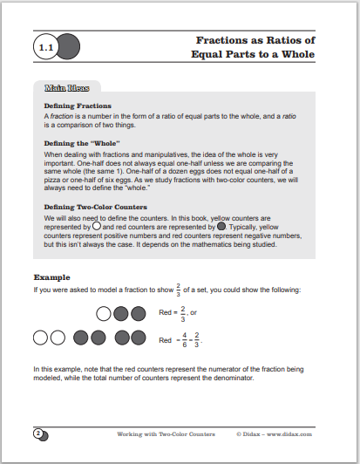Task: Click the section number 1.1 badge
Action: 43,47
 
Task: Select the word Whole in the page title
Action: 296,54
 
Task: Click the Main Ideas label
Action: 66,88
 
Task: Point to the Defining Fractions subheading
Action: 77,105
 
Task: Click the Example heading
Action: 52,277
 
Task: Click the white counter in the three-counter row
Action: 104,312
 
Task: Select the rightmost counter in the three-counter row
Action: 138,312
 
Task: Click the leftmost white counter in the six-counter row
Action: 39,338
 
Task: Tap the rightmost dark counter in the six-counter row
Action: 138,338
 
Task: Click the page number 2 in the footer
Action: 38,433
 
